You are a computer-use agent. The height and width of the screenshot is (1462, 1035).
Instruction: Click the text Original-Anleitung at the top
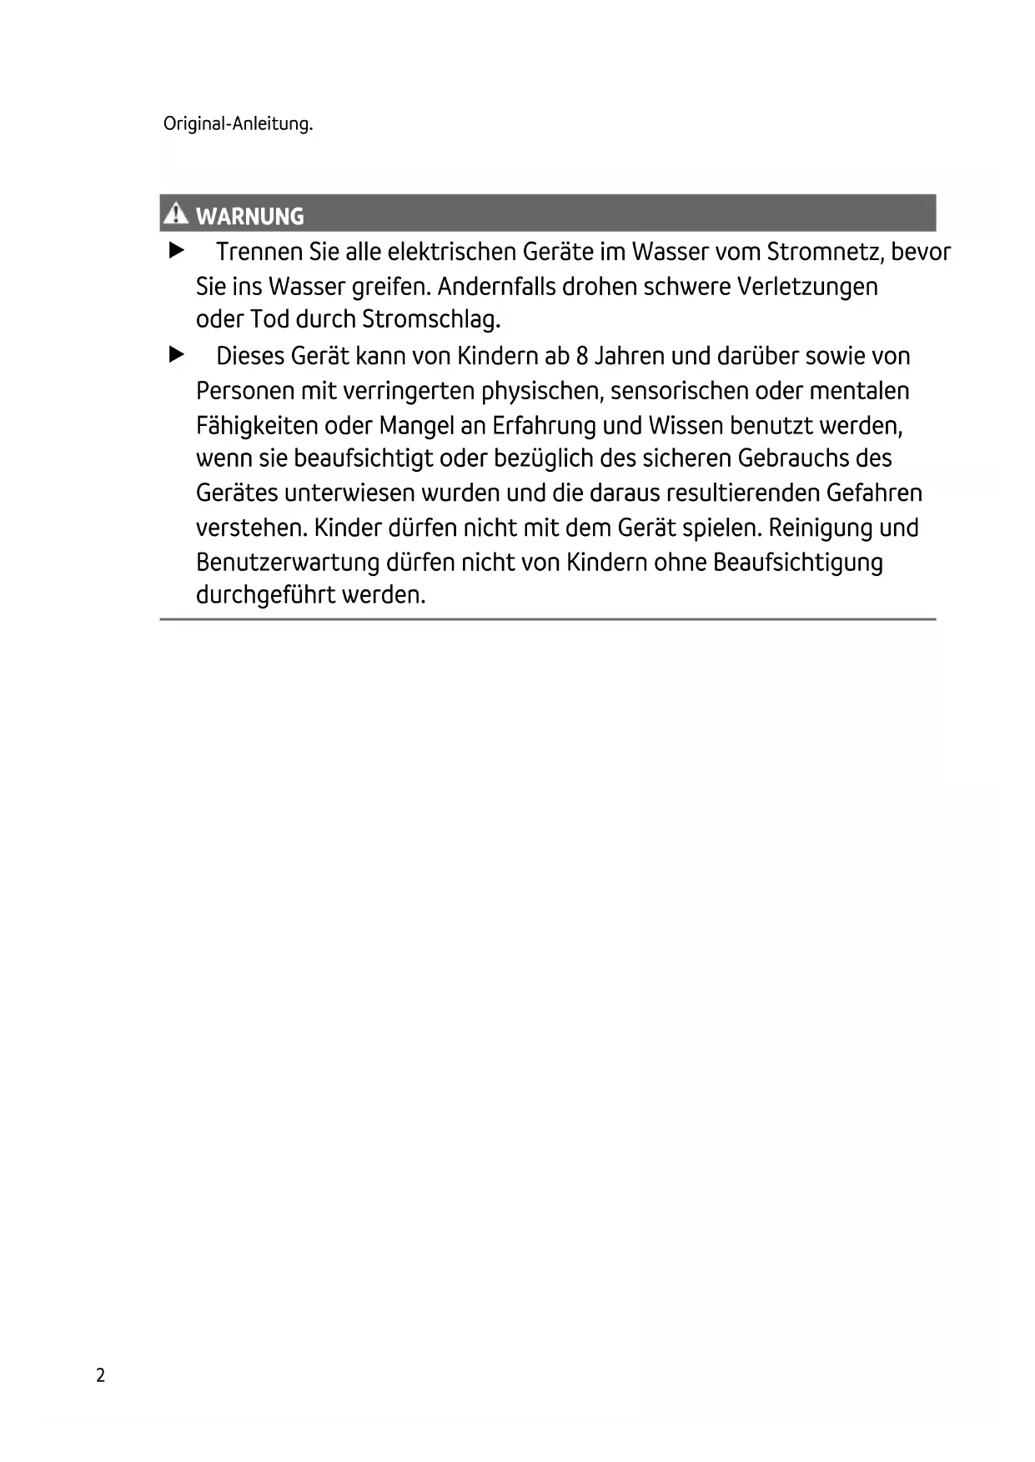tap(238, 125)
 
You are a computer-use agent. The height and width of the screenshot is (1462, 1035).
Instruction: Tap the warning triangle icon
tap(175, 214)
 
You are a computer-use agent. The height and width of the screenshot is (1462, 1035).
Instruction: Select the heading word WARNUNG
tap(249, 217)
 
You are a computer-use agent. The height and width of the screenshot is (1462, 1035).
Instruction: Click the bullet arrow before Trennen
tap(175, 250)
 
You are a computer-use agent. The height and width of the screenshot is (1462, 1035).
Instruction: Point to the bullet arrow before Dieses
tap(175, 355)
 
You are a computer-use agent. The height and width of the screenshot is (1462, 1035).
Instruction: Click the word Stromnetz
tap(822, 252)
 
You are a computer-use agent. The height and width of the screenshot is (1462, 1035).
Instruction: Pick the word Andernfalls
tap(496, 287)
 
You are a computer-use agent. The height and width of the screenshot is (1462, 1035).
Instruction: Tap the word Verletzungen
tap(807, 287)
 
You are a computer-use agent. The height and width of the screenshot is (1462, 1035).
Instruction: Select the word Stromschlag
tap(431, 319)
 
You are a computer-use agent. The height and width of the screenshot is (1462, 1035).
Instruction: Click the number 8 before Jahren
tap(582, 357)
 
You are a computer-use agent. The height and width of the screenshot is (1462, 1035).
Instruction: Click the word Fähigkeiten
tap(257, 426)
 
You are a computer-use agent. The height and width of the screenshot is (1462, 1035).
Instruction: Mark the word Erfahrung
tap(543, 426)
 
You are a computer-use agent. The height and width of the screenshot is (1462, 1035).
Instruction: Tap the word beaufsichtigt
tap(364, 459)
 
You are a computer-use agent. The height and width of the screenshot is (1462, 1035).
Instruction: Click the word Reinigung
tap(815, 528)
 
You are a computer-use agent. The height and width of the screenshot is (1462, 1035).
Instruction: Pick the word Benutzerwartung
tap(288, 563)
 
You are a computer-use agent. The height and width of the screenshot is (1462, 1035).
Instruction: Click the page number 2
tap(101, 1375)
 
